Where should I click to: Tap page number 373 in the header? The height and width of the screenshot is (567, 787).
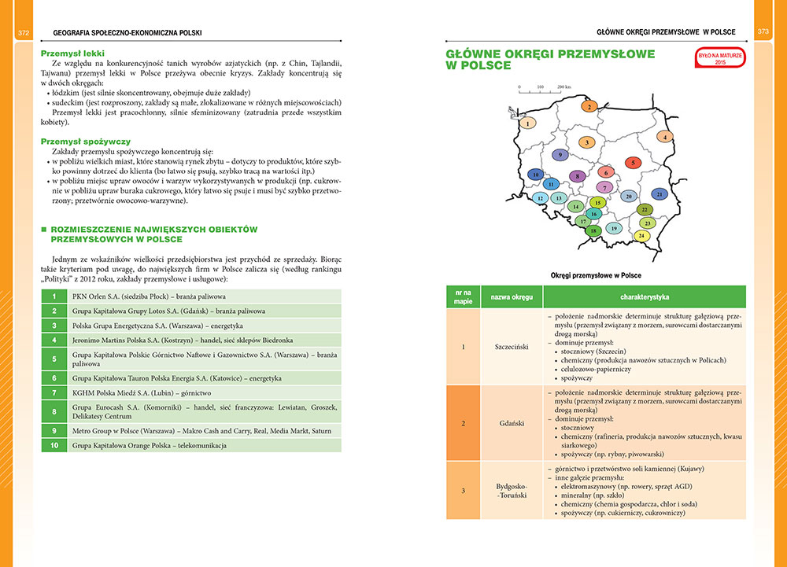tap(763, 32)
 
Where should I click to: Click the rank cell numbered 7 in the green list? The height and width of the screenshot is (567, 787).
tap(54, 392)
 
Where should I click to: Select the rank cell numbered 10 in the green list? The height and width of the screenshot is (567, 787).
tap(54, 446)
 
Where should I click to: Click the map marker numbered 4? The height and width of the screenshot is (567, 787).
tap(665, 137)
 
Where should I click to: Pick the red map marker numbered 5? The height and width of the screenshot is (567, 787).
tap(634, 163)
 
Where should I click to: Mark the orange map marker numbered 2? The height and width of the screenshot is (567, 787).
tap(588, 105)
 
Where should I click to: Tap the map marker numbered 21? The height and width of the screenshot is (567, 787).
tap(660, 193)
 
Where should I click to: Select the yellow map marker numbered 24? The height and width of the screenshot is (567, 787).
tap(642, 236)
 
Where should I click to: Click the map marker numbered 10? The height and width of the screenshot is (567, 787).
tap(536, 175)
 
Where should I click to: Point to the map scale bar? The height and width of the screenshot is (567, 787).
tap(539, 90)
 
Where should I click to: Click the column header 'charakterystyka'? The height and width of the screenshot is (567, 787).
tap(644, 298)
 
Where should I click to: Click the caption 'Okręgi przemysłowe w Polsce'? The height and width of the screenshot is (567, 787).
tap(596, 275)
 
